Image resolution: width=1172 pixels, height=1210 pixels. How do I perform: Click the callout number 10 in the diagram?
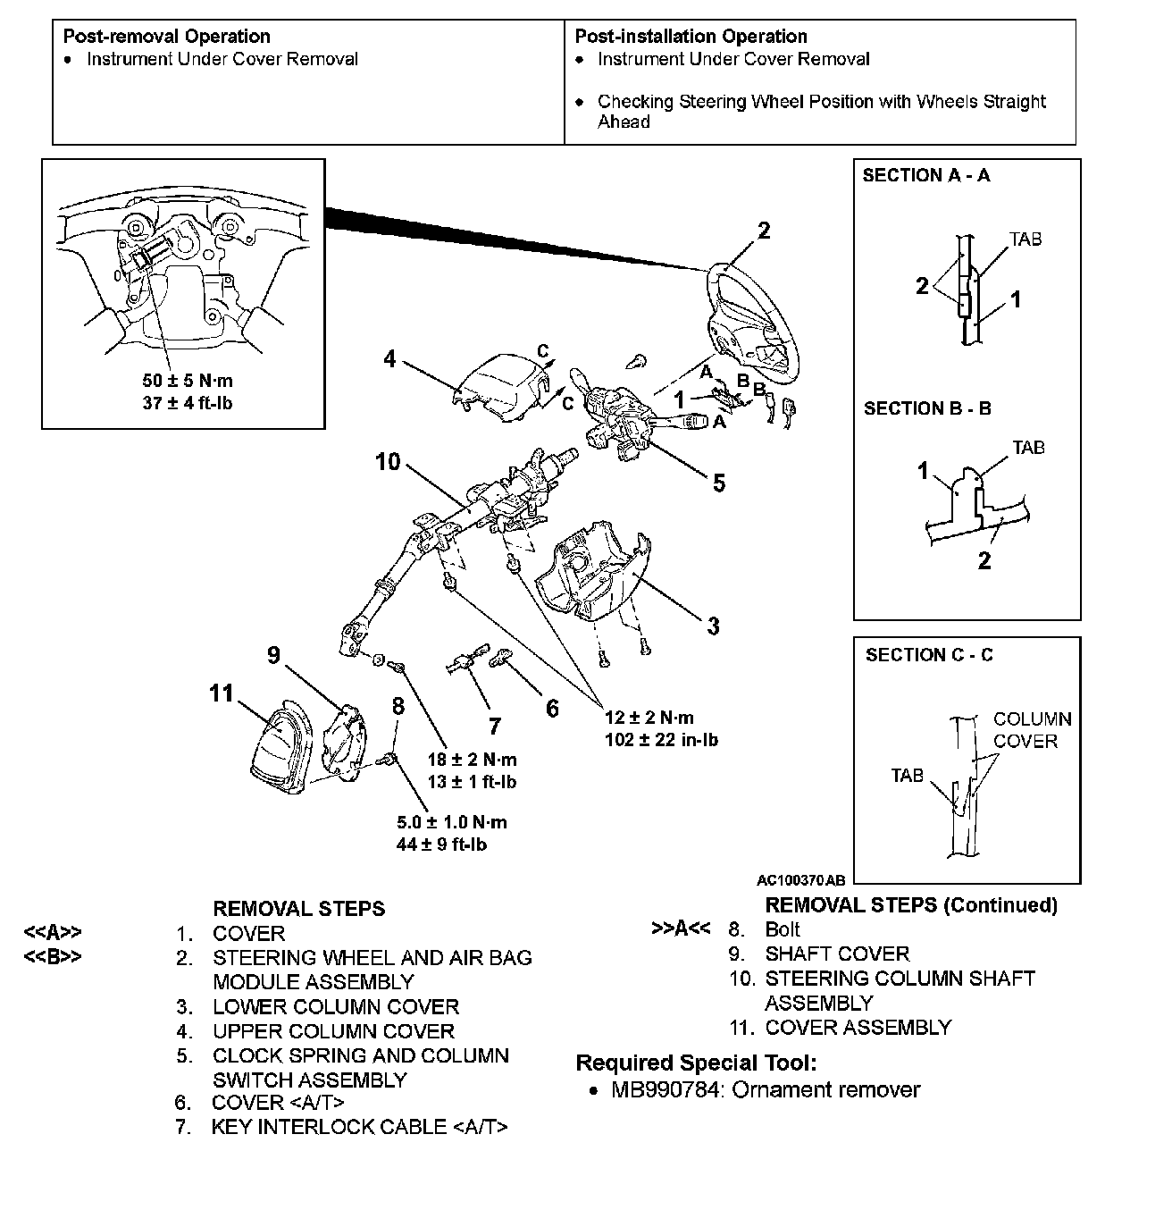(388, 462)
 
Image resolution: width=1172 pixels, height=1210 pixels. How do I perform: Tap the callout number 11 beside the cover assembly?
(221, 693)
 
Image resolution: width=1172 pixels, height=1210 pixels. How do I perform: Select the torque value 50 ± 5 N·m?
(188, 381)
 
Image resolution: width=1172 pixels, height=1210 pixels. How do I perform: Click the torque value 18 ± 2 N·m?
(472, 760)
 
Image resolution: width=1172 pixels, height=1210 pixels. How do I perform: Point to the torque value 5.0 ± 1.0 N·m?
(452, 822)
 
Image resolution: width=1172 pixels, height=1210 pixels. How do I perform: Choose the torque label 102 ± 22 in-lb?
(661, 739)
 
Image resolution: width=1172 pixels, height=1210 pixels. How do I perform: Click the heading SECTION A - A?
(926, 176)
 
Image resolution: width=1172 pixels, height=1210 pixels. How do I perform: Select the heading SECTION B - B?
(927, 409)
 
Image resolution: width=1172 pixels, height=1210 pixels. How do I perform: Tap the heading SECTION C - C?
(929, 655)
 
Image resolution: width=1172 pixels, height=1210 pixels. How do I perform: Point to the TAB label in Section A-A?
(1025, 239)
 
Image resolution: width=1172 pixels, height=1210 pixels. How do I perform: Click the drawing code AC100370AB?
(800, 879)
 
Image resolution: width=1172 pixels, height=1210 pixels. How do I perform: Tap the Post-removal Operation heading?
(167, 37)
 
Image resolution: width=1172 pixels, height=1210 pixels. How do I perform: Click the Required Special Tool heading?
(696, 1063)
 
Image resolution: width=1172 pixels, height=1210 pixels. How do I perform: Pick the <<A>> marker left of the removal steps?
(53, 934)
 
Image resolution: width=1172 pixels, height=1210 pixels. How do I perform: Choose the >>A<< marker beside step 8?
(681, 929)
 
